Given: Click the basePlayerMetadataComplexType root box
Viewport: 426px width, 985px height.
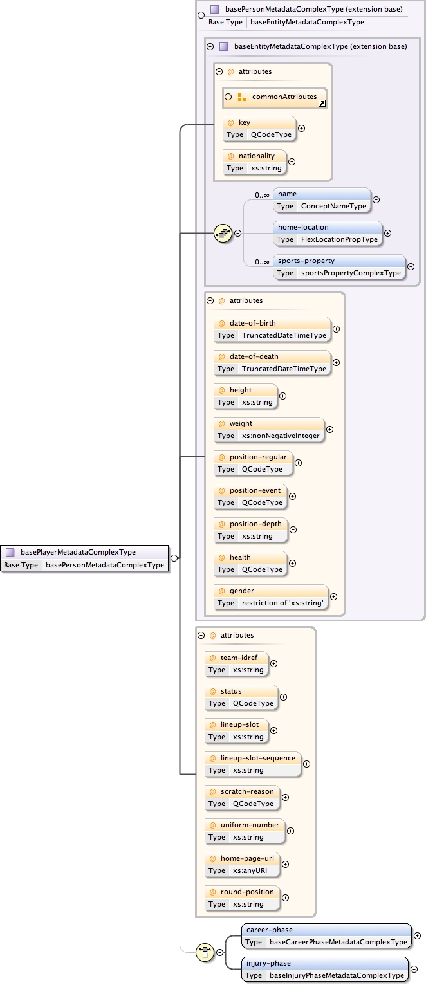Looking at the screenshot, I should click(84, 558).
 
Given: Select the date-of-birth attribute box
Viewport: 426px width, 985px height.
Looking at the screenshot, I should click(272, 329).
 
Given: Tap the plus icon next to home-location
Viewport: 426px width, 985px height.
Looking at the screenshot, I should click(387, 233).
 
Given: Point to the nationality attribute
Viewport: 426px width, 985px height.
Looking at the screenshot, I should click(254, 161).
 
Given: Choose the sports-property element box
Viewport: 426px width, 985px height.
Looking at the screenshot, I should click(339, 266).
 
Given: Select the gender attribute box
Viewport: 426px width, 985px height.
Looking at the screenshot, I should click(271, 596).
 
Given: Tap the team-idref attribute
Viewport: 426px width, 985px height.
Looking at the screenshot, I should click(236, 663).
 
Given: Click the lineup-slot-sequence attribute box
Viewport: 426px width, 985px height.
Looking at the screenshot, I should click(253, 764).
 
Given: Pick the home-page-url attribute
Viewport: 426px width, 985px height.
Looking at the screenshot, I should click(243, 864).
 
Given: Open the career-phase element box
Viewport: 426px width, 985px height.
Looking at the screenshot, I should click(326, 935).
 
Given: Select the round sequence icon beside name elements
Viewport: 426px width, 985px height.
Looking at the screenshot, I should click(223, 233).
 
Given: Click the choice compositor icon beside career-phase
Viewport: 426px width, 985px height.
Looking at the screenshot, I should click(205, 952).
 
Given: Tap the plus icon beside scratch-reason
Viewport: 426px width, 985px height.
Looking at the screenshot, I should click(285, 798).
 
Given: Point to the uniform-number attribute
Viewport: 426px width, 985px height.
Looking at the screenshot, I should click(244, 831).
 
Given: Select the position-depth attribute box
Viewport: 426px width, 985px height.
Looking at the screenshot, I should click(251, 529).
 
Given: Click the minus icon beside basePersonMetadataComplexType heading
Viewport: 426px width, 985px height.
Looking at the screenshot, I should click(201, 15).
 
